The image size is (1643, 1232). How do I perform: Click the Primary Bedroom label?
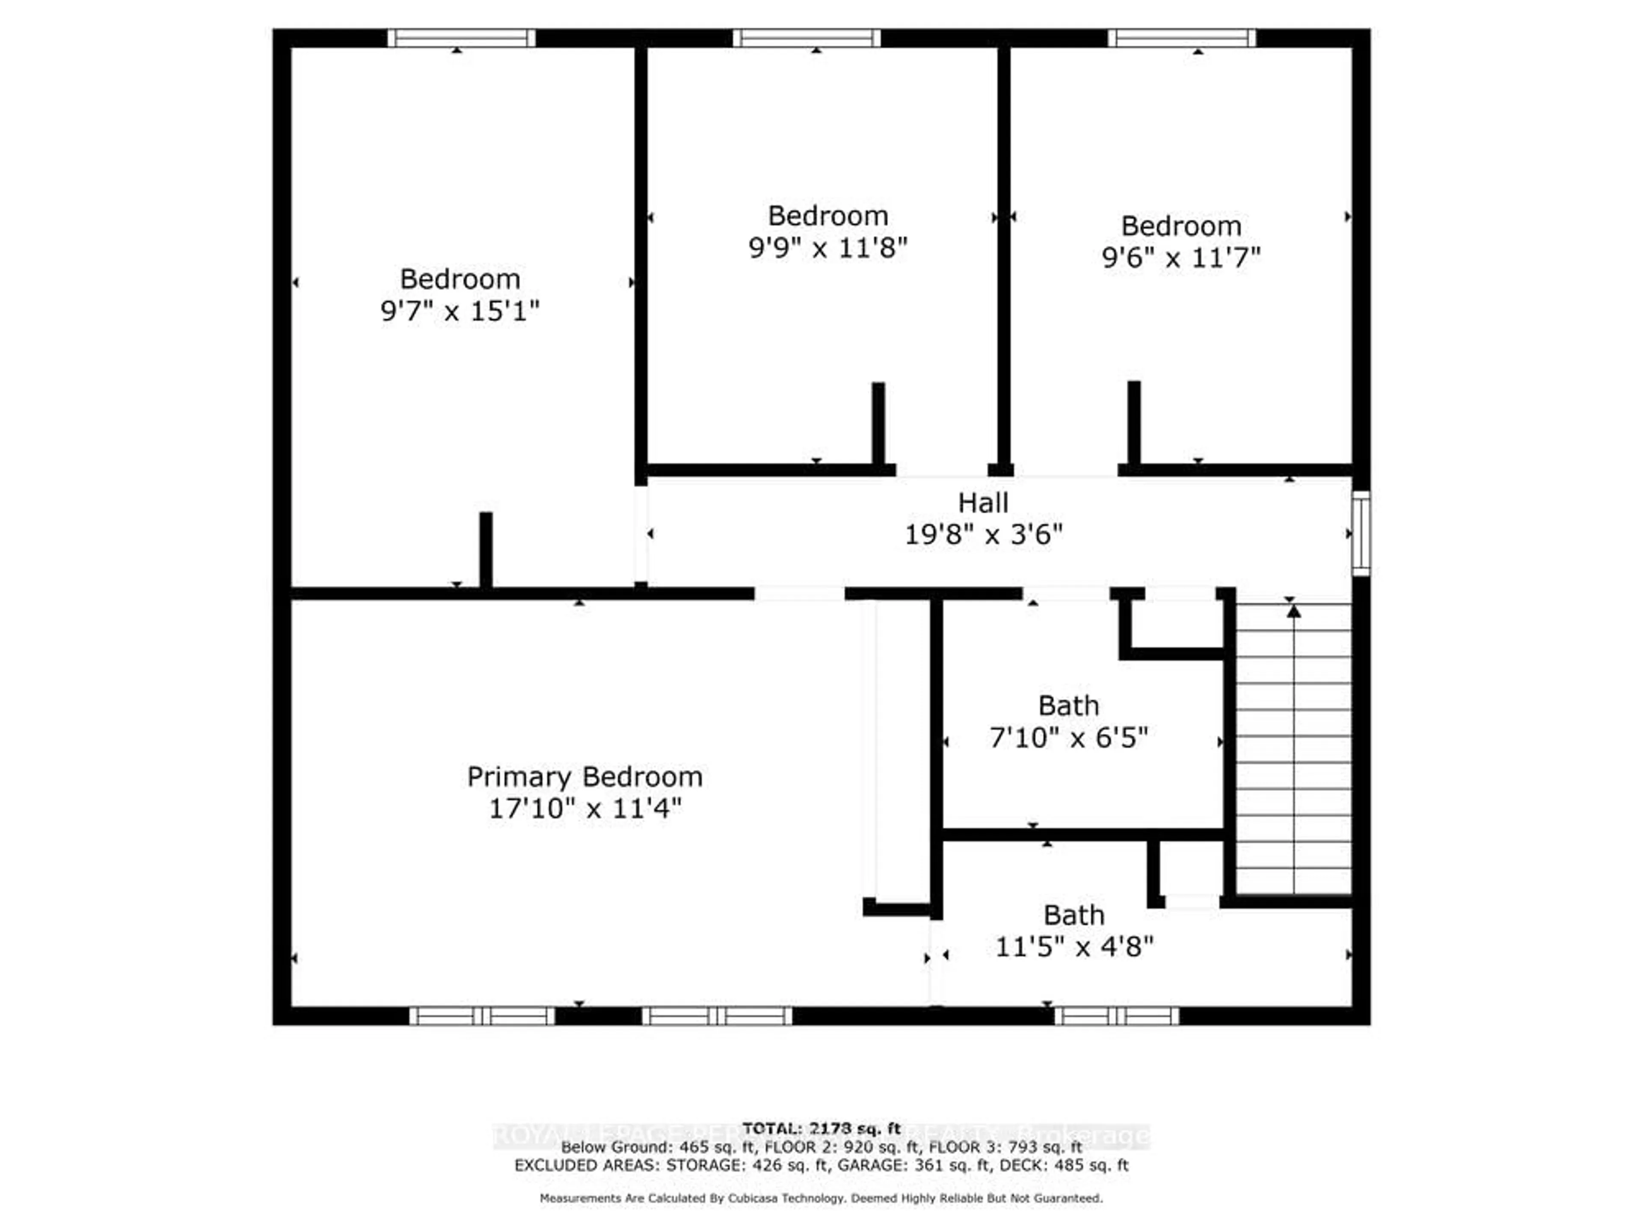click(x=584, y=777)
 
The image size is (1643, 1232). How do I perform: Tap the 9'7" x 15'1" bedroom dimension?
click(x=460, y=311)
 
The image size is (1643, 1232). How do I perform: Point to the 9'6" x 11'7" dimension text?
click(x=1181, y=258)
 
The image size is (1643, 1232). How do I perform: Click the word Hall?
click(x=983, y=503)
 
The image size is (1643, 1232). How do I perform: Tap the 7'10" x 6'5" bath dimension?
click(x=1068, y=737)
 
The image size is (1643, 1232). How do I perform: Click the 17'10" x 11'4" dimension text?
click(x=584, y=808)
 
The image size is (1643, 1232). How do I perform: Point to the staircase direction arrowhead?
click(x=1294, y=611)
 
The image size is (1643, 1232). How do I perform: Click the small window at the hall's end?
click(x=1360, y=533)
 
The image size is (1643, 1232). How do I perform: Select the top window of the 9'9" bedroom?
click(x=807, y=38)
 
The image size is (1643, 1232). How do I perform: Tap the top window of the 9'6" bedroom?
click(x=1182, y=38)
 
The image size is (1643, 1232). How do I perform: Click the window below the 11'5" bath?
click(x=1116, y=1016)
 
